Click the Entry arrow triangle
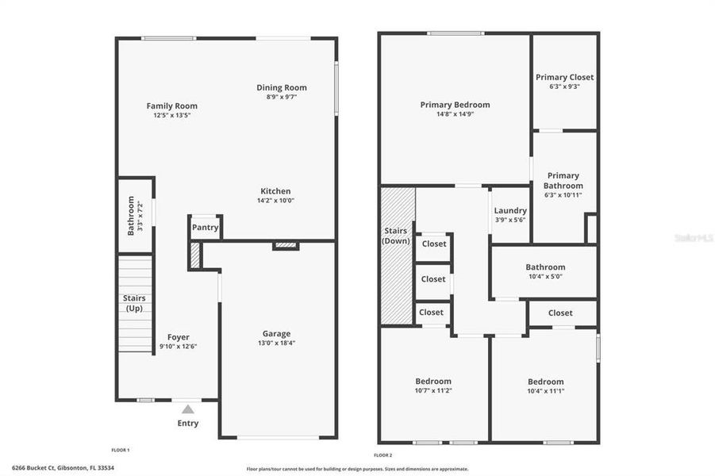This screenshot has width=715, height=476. tap(188, 409)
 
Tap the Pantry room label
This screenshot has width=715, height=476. tap(205, 228)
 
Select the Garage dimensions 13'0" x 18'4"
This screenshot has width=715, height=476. tap(276, 343)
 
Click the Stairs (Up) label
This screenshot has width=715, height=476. tap(134, 303)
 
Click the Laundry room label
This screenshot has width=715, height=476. tap(510, 211)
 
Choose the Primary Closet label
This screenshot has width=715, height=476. tap(564, 77)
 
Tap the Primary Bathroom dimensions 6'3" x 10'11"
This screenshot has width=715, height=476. tap(563, 195)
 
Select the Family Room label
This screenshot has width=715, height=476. tap(171, 106)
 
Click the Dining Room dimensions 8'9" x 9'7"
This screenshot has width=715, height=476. tap(281, 97)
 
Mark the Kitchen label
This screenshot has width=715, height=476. tap(275, 191)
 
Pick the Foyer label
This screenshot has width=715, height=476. tap(178, 337)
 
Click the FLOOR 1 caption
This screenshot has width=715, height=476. tap(120, 450)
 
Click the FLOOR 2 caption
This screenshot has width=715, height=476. tap(382, 455)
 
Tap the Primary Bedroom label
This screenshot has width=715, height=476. tap(455, 105)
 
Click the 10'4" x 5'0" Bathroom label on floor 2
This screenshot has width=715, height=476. tap(545, 267)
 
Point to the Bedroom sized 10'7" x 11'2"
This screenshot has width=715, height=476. tap(432, 382)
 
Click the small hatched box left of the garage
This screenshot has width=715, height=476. tap(195, 254)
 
